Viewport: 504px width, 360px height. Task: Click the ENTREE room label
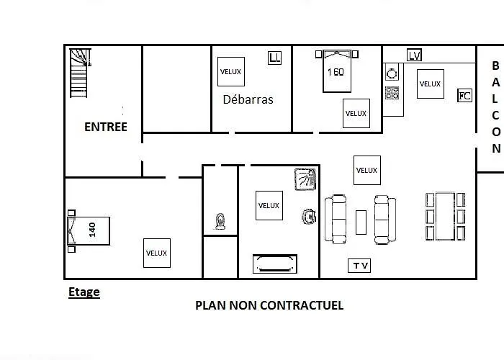[x=106, y=127]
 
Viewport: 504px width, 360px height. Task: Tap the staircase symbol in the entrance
[x=80, y=73]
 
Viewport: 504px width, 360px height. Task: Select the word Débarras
[x=248, y=99]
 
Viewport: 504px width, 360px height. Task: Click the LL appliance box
[x=274, y=58]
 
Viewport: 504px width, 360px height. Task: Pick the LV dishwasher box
[x=414, y=55]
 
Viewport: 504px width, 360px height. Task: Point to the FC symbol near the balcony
[x=465, y=96]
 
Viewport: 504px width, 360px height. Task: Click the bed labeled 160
[x=337, y=71]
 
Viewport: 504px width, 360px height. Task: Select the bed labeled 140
[x=89, y=231]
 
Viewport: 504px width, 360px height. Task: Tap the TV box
[x=359, y=266]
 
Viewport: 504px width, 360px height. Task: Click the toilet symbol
[x=220, y=222]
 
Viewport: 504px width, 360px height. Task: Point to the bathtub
[x=275, y=264]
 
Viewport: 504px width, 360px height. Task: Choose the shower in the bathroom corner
[x=305, y=179]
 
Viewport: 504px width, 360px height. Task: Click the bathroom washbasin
[x=309, y=217]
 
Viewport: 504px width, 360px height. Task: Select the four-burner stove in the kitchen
[x=392, y=93]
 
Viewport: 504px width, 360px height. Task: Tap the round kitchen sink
[x=392, y=74]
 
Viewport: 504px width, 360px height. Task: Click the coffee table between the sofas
[x=361, y=222]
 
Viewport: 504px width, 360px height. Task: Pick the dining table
[x=445, y=216]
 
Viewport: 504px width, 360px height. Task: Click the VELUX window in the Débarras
[x=231, y=72]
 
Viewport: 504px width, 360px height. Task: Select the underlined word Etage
[x=84, y=292]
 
